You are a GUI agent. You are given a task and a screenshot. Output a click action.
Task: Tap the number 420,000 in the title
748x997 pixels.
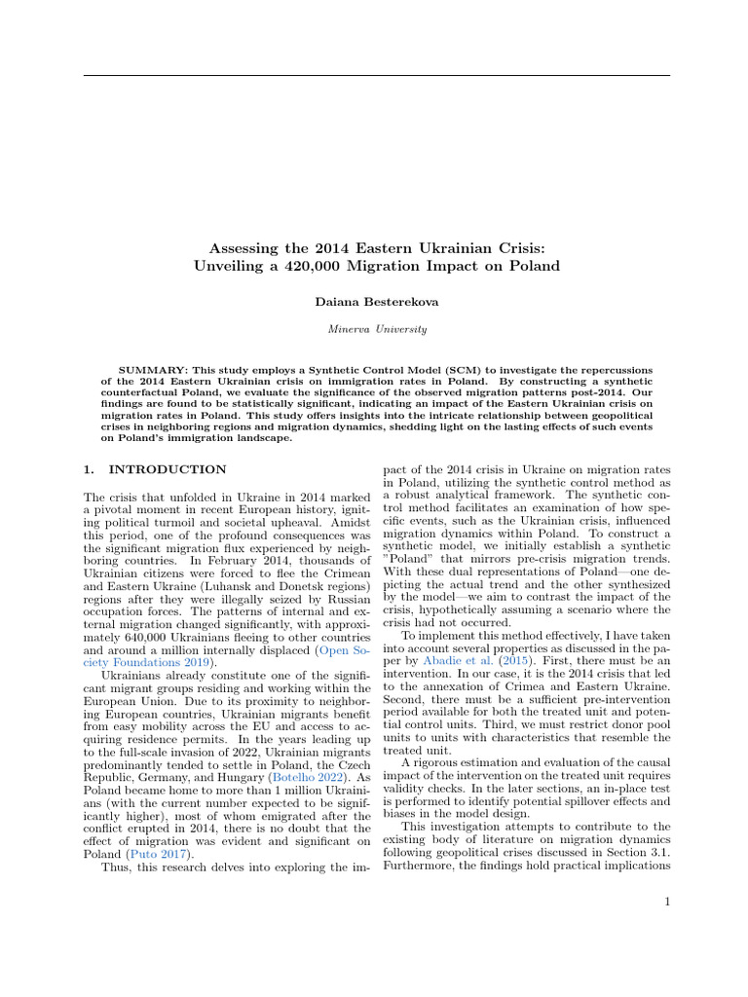(375, 265)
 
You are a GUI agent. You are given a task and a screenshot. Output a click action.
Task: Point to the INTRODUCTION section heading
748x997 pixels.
(168, 469)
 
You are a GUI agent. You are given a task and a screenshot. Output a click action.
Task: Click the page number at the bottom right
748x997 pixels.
(666, 903)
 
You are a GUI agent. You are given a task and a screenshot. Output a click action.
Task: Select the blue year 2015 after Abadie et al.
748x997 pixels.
(505, 656)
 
